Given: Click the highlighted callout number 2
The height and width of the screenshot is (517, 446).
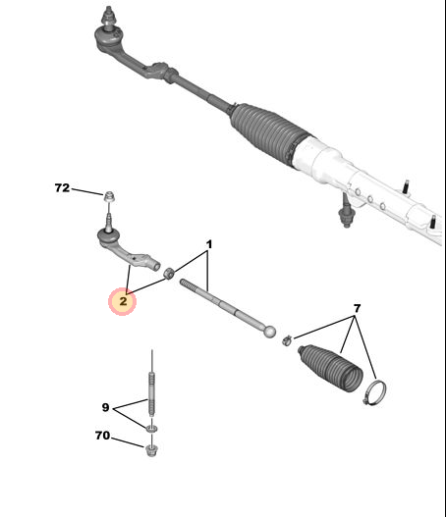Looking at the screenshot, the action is [123, 301].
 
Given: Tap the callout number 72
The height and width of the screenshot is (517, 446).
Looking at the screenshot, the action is [62, 188].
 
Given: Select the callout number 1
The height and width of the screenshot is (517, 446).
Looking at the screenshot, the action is [208, 244].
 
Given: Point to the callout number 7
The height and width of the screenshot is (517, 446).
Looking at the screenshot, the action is [357, 309].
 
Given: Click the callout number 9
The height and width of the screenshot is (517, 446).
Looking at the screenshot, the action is [105, 407].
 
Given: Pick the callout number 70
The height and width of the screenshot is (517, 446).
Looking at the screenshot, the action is [102, 436].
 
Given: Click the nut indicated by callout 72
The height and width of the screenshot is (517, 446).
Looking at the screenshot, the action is [109, 196].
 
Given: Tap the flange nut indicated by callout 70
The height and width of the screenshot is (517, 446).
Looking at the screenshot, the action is [151, 450].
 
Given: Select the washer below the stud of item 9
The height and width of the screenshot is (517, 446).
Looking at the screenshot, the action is [152, 429].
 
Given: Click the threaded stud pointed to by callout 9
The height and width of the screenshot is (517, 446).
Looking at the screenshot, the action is [151, 393].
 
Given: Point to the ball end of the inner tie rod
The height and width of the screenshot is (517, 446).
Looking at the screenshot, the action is [270, 332].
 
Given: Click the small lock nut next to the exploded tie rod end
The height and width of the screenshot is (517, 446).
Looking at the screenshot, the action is [169, 273].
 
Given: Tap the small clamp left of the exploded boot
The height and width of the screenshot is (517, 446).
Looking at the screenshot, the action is [287, 340].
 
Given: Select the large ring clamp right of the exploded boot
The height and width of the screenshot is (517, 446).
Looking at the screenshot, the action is [374, 392].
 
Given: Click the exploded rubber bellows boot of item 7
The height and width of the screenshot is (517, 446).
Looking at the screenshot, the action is [330, 368].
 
